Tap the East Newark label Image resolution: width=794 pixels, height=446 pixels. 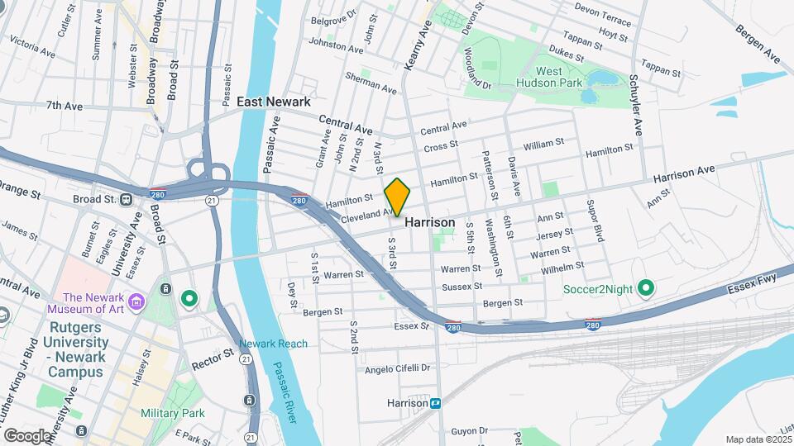point(274,102)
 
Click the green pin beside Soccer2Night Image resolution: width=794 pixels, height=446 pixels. point(647,288)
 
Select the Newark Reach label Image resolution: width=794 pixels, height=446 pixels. point(273,344)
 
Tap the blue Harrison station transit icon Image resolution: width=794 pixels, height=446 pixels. point(435,404)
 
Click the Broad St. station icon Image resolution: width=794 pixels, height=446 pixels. point(126,199)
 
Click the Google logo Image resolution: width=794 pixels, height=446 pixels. point(28,435)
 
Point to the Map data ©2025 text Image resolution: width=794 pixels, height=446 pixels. point(758,439)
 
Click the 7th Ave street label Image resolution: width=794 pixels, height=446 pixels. point(65,106)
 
